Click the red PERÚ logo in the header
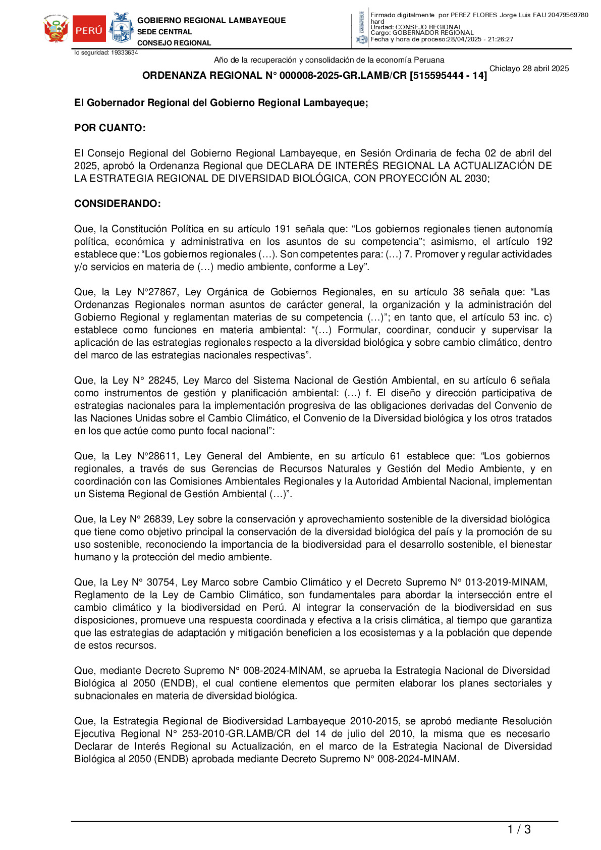tap(89, 29)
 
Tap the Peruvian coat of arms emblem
tap(56, 29)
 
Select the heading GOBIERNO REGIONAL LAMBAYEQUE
tap(211, 21)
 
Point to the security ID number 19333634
tap(124, 52)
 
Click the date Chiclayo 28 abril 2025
tap(529, 69)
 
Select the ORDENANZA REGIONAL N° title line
tap(314, 76)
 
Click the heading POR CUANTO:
tap(110, 128)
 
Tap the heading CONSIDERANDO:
tap(118, 204)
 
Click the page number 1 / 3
tap(519, 829)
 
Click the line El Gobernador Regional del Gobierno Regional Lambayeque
tap(221, 103)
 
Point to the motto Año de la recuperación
tap(329, 60)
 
